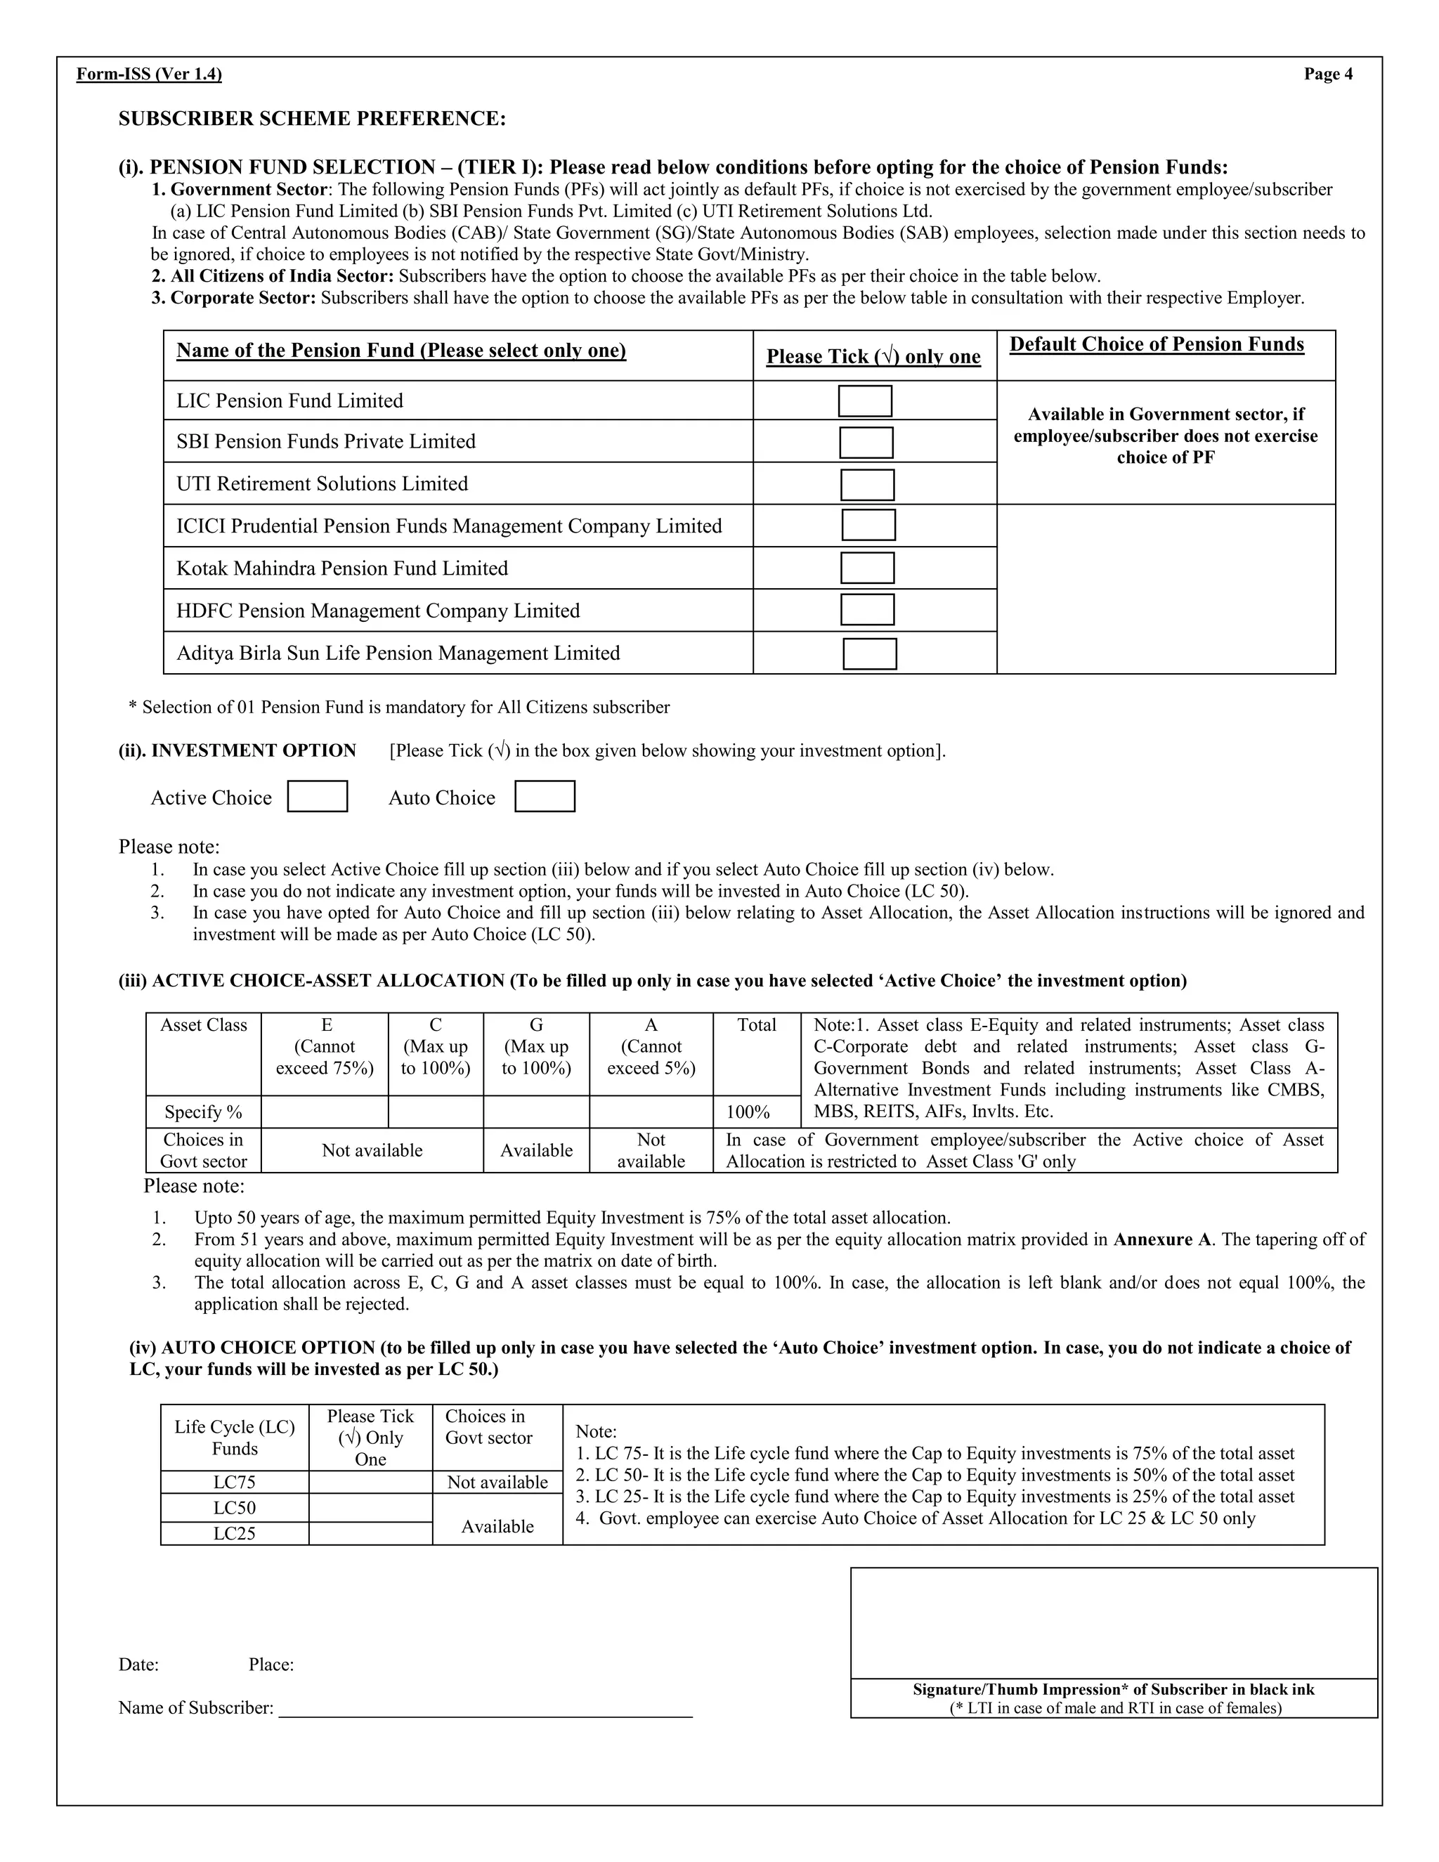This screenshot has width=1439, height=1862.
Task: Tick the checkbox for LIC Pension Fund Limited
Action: click(864, 401)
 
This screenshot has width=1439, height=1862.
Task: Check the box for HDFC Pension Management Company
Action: click(867, 610)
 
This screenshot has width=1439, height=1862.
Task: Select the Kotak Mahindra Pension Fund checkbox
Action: click(867, 568)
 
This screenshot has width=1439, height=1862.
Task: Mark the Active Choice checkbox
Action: click(317, 796)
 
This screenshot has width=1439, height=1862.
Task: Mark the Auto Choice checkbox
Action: click(545, 796)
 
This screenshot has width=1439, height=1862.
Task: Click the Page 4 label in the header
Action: click(1327, 74)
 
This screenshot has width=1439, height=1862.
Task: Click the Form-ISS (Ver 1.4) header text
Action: click(149, 74)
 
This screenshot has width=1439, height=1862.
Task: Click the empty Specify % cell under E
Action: click(324, 1112)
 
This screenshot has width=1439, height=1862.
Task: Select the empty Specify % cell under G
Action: click(535, 1112)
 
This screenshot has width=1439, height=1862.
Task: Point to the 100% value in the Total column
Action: click(748, 1112)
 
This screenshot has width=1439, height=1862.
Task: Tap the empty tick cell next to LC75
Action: click(370, 1482)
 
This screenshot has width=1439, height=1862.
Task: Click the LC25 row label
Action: click(235, 1533)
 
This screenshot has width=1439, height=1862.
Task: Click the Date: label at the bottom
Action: click(138, 1664)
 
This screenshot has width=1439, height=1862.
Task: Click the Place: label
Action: click(271, 1664)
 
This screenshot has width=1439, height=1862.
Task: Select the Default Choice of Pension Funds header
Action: click(1157, 344)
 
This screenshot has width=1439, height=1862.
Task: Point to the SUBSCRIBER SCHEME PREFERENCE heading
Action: click(312, 119)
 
